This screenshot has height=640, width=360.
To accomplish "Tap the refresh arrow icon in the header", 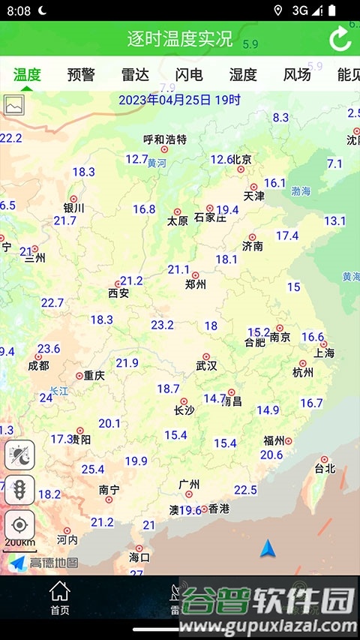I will tap(340, 39).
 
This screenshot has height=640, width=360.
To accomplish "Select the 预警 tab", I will tap(81, 74).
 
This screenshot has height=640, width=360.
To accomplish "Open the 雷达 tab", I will tap(135, 74).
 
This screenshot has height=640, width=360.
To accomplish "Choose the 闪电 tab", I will tap(189, 74).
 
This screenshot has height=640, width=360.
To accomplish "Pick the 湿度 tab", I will tap(243, 74).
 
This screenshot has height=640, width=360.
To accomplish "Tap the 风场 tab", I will tap(297, 74).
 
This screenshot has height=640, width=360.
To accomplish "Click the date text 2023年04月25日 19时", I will tap(180, 100).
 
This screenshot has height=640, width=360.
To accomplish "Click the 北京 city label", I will tap(241, 159).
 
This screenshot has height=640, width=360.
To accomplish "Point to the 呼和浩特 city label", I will tap(165, 140).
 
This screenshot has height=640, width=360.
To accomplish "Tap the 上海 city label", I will tap(325, 353).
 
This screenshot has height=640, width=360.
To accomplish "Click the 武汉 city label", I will tap(206, 366).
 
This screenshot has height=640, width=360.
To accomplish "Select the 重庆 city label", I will tap(94, 375).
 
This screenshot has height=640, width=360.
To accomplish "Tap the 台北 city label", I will tap(325, 469).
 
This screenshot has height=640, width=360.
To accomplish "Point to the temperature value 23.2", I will tap(162, 325).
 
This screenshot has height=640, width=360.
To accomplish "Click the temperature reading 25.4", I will tap(93, 470).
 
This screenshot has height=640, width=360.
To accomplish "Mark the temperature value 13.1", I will tap(334, 221).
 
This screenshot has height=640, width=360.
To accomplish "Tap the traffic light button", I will tap(19, 490).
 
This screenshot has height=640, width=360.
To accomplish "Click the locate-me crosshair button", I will tap(19, 524).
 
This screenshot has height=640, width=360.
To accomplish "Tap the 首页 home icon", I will tap(60, 597).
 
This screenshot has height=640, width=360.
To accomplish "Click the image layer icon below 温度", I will tap(14, 106).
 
